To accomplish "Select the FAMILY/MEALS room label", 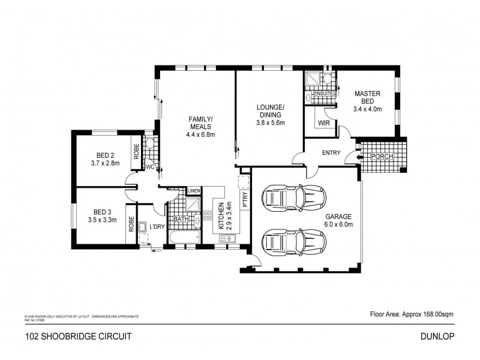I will (x=200, y=127).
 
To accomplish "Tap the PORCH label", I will (x=382, y=157).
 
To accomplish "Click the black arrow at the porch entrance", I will (x=359, y=157).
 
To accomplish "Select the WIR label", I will (x=324, y=124).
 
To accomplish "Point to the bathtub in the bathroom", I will (x=183, y=239).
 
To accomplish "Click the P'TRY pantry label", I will (x=245, y=200).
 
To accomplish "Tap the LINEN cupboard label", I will (x=193, y=191).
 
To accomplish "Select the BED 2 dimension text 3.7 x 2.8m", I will (x=106, y=163).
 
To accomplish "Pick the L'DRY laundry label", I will (x=158, y=226).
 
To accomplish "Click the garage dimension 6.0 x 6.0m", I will (x=339, y=224).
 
